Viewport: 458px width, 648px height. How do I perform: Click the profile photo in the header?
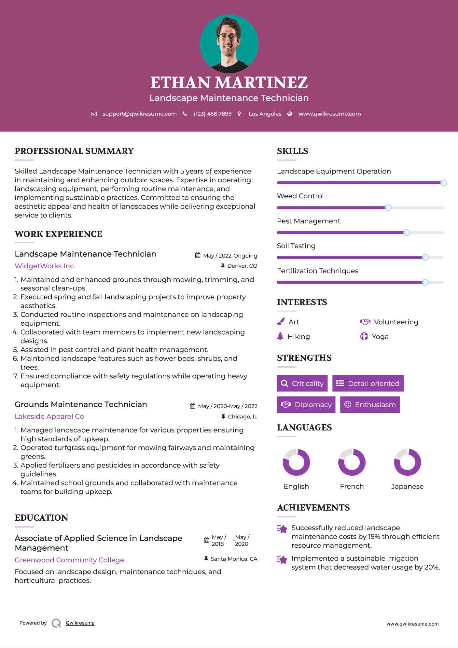[229, 44]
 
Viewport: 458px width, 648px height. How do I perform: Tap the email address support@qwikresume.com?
[139, 114]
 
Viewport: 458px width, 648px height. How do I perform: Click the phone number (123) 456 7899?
[213, 114]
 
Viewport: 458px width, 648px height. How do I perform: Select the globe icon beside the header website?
[290, 114]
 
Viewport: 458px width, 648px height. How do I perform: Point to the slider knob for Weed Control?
[388, 208]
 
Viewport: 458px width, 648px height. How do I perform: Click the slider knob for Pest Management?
[406, 232]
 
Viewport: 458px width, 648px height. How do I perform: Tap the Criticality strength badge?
[302, 383]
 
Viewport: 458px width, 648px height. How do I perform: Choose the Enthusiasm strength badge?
[370, 404]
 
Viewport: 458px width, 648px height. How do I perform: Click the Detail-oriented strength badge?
[368, 383]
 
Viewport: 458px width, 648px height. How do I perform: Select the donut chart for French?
[352, 462]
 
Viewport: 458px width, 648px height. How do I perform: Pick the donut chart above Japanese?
[407, 462]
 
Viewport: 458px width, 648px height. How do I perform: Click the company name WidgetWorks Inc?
[45, 266]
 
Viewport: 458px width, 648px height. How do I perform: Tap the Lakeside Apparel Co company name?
[49, 416]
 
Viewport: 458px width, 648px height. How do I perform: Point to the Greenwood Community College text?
[69, 560]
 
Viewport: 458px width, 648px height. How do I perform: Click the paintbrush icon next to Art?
[281, 322]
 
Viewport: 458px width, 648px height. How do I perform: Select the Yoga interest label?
[380, 337]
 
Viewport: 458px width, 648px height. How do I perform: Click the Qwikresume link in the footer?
[80, 623]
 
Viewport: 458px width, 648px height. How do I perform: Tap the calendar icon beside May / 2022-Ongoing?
[198, 256]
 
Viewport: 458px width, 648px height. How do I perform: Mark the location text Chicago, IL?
[243, 416]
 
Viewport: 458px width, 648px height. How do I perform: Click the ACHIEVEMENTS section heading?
[313, 507]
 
